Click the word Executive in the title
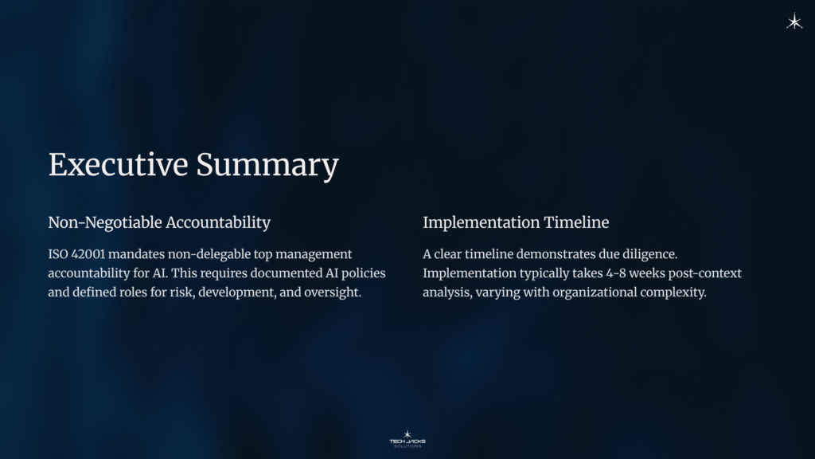pos(118,164)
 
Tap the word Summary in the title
pos(267,166)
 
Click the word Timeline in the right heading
pos(576,222)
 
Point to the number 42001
pos(88,254)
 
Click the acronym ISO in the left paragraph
pos(57,254)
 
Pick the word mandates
pos(136,254)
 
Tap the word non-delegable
pos(209,254)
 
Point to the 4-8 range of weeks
pos(615,273)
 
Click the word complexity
pos(673,292)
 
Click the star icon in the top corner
pos(794,22)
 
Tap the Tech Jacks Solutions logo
pos(407,439)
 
